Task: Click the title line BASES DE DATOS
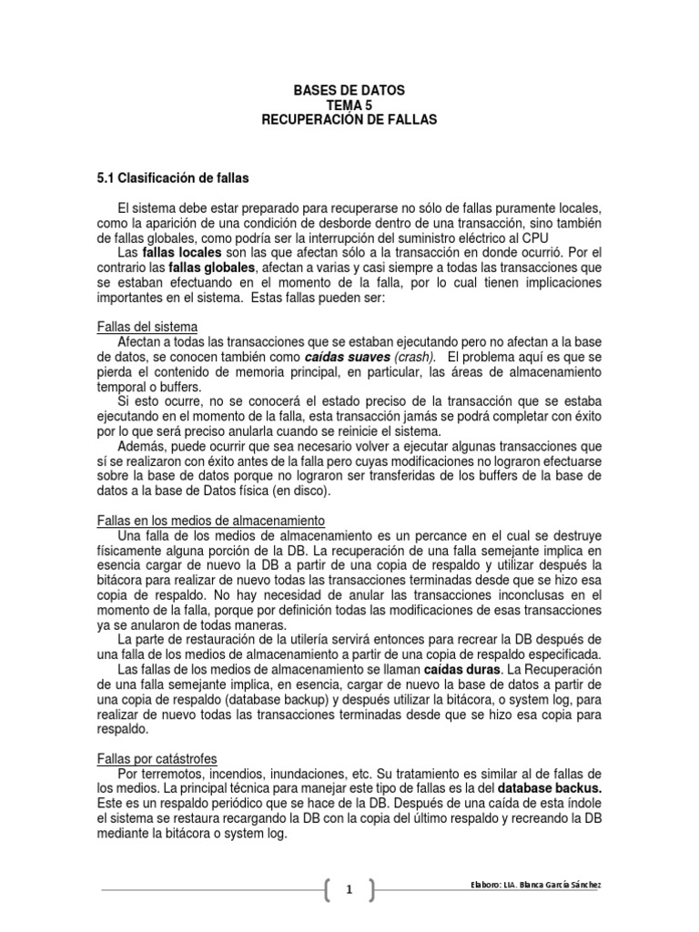pos(349,91)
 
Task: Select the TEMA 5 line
pos(349,106)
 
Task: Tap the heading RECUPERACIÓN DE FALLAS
pos(349,120)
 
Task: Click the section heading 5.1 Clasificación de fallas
pos(172,177)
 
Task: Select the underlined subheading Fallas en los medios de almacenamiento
pos(210,520)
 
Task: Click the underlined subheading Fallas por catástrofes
pos(157,758)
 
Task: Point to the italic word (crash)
pos(413,357)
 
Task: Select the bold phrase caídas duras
pos(463,670)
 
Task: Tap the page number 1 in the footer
pos(349,890)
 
